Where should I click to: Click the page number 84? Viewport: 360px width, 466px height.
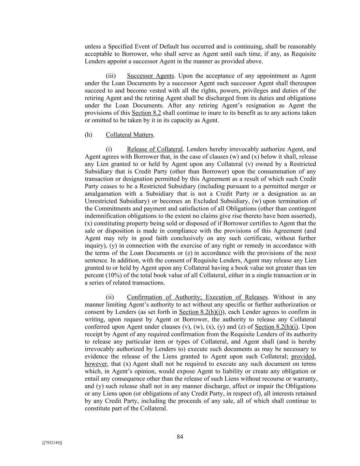pyautogui.click(x=180, y=437)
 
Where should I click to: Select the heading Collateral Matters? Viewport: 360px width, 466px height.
pyautogui.click(x=129, y=135)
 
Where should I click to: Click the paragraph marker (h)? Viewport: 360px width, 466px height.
pyautogui.click(x=88, y=135)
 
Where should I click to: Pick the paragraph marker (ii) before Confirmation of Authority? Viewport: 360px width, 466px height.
pyautogui.click(x=110, y=297)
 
